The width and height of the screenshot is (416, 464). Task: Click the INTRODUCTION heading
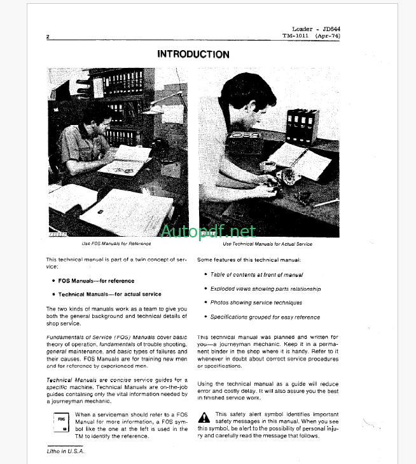pyautogui.click(x=193, y=55)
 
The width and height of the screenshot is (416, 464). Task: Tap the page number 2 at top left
pyautogui.click(x=48, y=37)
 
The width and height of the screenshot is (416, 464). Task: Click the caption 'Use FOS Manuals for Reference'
pyautogui.click(x=116, y=244)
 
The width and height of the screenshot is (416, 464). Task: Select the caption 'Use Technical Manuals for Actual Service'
pyautogui.click(x=267, y=244)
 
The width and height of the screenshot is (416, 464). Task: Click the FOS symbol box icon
pyautogui.click(x=61, y=423)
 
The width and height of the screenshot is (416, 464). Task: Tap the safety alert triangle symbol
pyautogui.click(x=204, y=418)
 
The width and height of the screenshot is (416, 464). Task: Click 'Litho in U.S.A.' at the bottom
pyautogui.click(x=66, y=451)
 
